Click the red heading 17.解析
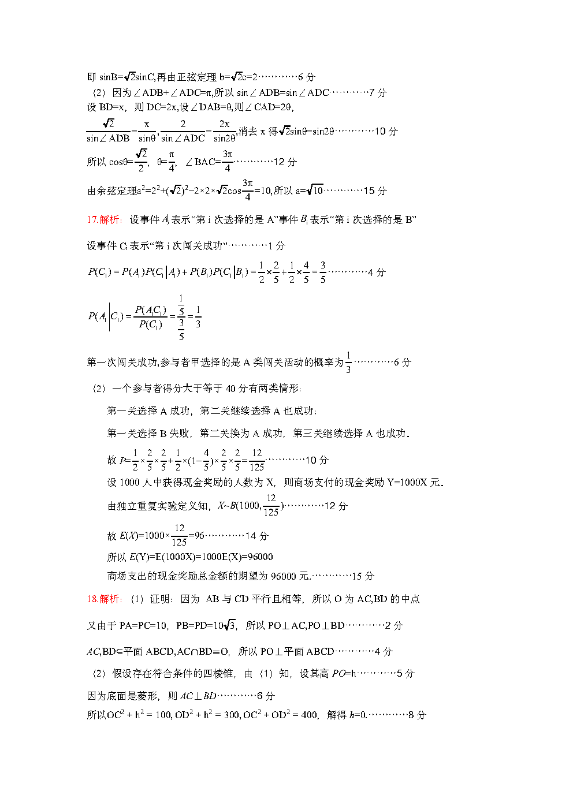pos(103,219)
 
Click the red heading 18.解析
pos(103,599)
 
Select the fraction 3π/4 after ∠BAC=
pos(228,161)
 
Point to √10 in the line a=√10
pos(315,190)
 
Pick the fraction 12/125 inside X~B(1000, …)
pos(271,505)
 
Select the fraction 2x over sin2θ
pos(224,131)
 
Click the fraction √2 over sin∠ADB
pos(108,131)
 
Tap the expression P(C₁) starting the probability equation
pos(99,272)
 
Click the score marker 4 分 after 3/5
pos(377,272)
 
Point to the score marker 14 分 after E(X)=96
pos(257,536)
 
